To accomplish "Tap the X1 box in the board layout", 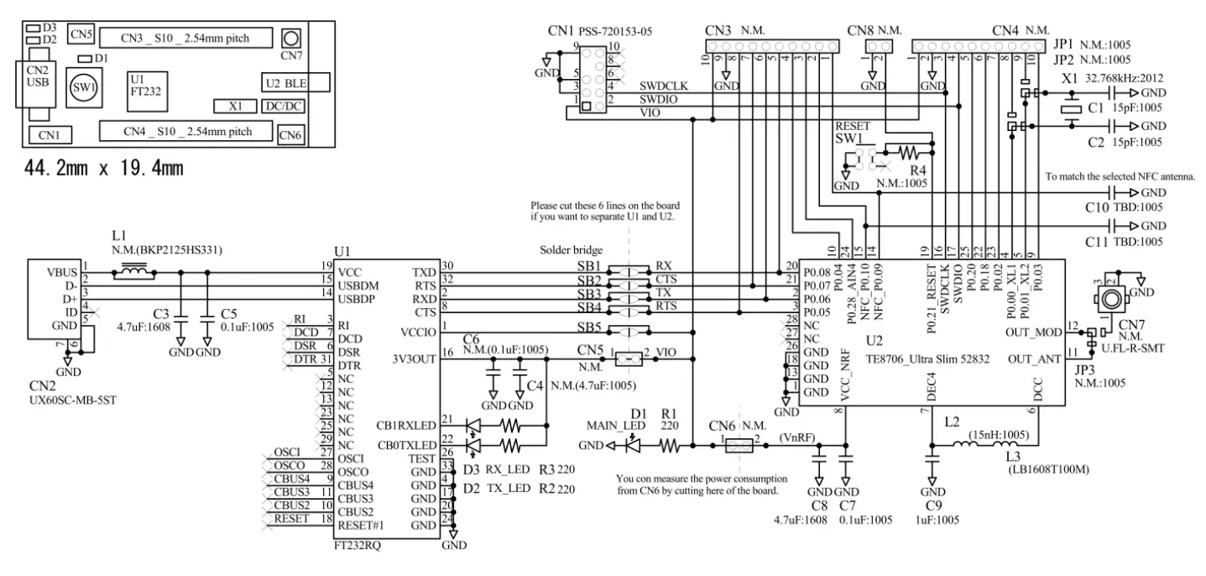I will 235,107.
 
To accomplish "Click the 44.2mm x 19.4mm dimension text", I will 103,169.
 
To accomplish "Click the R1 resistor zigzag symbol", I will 669,446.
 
